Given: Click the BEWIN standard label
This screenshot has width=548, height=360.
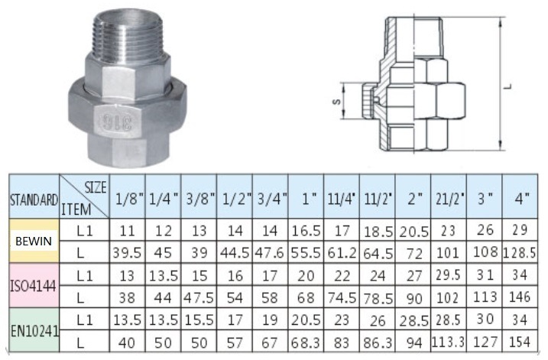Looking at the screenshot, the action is pos(34,241).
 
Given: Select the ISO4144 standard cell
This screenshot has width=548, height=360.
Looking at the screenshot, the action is pos(34,286).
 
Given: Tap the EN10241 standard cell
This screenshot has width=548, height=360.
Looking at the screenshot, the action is pos(34,330).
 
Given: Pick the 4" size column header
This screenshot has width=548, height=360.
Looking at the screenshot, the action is pos(520,198).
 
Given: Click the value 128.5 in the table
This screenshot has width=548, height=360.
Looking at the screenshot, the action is pos(520,253).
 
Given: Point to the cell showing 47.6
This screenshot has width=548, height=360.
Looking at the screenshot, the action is pos(270,253).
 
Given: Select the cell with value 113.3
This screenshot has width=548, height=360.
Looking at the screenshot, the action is pos(449,342).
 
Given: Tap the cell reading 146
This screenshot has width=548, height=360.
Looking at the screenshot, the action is pos(520,297).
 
